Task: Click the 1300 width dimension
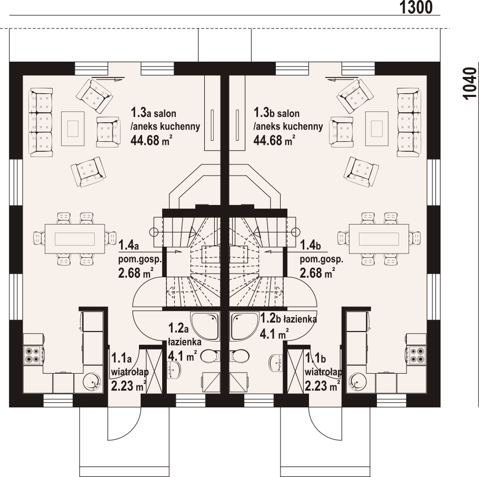pyautogui.click(x=416, y=7)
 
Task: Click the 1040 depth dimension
pyautogui.click(x=470, y=83)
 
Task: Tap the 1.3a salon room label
pyautogui.click(x=166, y=126)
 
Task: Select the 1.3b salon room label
pyautogui.click(x=288, y=126)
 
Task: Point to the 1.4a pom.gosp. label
pyautogui.click(x=139, y=259)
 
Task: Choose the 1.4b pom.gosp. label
pyautogui.click(x=321, y=259)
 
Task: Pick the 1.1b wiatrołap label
pyautogui.click(x=323, y=372)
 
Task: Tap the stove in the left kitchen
pyautogui.click(x=33, y=355)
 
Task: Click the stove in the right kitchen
pyautogui.click(x=417, y=355)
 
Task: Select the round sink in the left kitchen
pyautogui.click(x=93, y=382)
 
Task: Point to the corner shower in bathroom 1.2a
pyautogui.click(x=205, y=326)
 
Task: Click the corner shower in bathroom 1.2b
pyautogui.click(x=245, y=326)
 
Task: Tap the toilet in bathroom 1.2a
pyautogui.click(x=211, y=356)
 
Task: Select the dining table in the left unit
pyautogui.click(x=75, y=239)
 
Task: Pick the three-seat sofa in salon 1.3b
pyautogui.click(x=409, y=122)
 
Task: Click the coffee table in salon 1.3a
pyautogui.click(x=73, y=129)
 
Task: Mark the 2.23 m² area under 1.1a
pyautogui.click(x=128, y=386)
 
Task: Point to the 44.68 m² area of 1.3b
pyautogui.click(x=274, y=140)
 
